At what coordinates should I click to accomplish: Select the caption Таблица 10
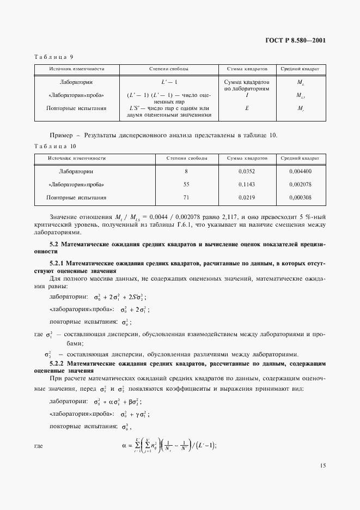pos(55,146)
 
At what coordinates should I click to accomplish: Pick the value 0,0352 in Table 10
pos(247,172)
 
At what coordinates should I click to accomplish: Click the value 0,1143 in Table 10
pos(247,185)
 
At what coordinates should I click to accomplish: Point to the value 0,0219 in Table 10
pos(247,198)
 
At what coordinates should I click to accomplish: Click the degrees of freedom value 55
pos(187,185)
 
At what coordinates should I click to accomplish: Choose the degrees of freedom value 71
pos(187,198)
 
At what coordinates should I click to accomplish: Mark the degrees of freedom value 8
pos(187,172)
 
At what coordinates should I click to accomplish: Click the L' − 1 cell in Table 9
pos(168,82)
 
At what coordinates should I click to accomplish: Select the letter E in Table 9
pos(247,108)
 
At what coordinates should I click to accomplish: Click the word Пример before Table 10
pos(60,135)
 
